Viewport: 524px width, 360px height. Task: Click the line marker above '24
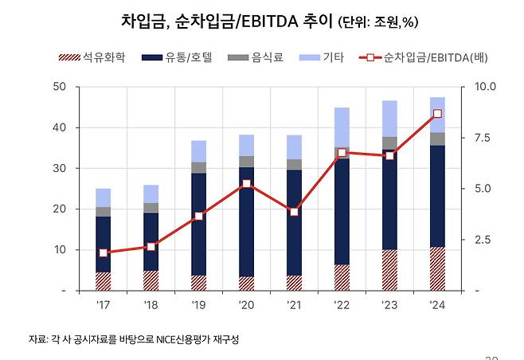click(437, 114)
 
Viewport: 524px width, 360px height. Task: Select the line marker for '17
click(104, 252)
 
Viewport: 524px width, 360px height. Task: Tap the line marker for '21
click(294, 212)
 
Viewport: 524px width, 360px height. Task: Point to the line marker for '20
click(246, 184)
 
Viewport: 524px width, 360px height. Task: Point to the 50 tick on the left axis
click(61, 86)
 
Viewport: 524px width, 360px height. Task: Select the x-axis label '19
click(198, 304)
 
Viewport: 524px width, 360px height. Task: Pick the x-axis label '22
click(342, 304)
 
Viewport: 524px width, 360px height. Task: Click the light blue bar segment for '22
click(342, 127)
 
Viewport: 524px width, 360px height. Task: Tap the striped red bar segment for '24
click(437, 269)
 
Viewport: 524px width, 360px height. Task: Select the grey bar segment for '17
click(104, 212)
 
